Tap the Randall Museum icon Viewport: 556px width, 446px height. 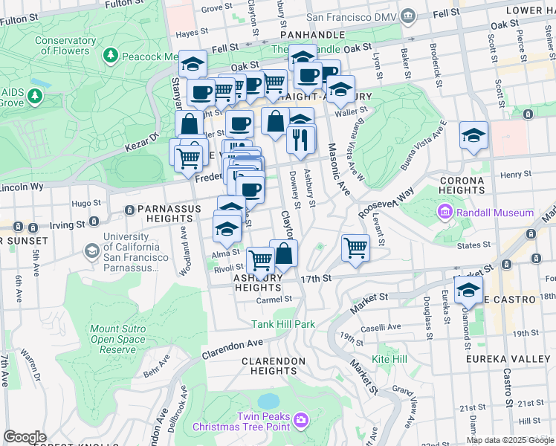[x=445, y=213]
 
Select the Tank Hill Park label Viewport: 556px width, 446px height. [x=283, y=324]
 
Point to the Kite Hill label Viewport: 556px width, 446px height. [x=389, y=359]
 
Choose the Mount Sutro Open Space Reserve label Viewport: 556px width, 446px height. [x=114, y=339]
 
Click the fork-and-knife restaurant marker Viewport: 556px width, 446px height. [x=300, y=140]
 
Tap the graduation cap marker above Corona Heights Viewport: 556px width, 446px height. [x=473, y=136]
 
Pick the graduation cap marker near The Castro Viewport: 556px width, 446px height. [x=468, y=291]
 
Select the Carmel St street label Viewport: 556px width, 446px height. [x=274, y=300]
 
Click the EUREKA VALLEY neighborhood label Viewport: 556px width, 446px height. [x=509, y=360]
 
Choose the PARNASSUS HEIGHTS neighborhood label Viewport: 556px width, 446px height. [x=164, y=214]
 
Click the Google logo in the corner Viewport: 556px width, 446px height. [x=25, y=436]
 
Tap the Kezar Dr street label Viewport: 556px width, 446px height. [x=140, y=138]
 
